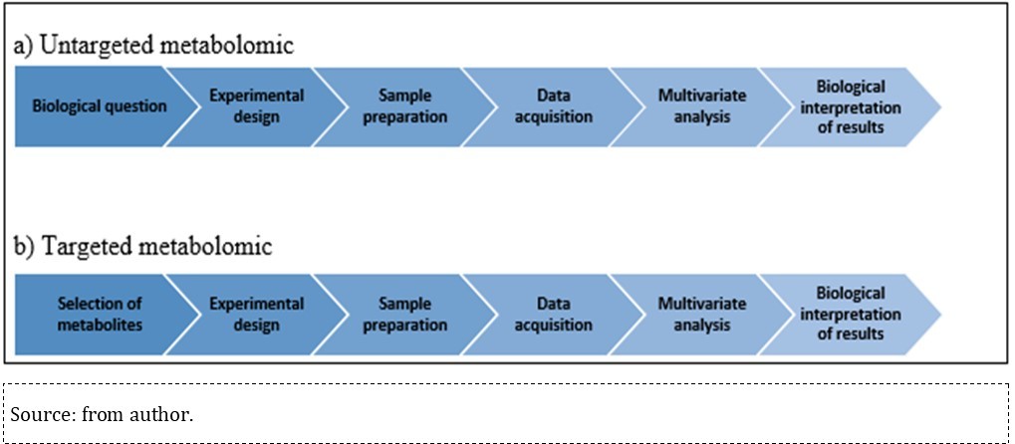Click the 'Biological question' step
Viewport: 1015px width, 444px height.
99,107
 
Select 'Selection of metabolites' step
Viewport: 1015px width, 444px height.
99,315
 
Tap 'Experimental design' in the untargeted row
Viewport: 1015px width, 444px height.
256,107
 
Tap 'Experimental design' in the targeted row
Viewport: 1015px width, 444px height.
256,315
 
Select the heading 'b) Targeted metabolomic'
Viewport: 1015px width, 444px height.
141,247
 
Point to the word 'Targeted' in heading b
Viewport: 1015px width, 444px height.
78,247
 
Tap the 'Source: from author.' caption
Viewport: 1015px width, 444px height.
102,414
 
